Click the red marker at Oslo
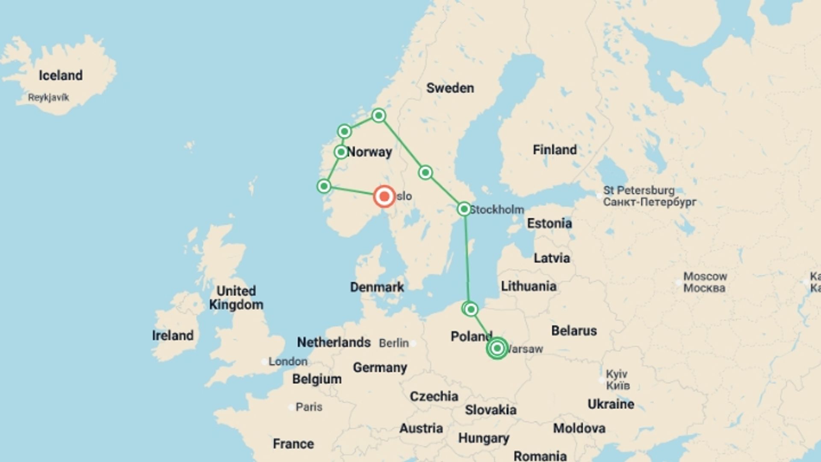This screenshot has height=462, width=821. [x=384, y=196]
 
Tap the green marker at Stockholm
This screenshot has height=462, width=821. [x=464, y=209]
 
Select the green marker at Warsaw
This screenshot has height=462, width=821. [x=497, y=348]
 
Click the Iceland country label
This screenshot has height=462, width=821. [x=61, y=76]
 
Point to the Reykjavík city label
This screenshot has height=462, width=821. [x=48, y=98]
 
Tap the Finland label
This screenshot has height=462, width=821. [x=555, y=150]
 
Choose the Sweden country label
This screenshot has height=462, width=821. [x=450, y=88]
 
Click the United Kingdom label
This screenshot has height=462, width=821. [x=236, y=298]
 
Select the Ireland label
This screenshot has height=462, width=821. [x=173, y=335]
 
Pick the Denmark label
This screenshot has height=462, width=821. [x=377, y=287]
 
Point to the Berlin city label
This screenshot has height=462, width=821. [x=394, y=343]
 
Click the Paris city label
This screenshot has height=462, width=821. [x=309, y=407]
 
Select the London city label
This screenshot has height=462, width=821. [x=288, y=361]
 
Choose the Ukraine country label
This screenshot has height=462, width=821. [x=611, y=404]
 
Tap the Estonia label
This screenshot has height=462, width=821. [x=549, y=223]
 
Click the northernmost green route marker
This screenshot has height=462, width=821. [x=378, y=115]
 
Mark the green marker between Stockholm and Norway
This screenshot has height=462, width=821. [x=425, y=172]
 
